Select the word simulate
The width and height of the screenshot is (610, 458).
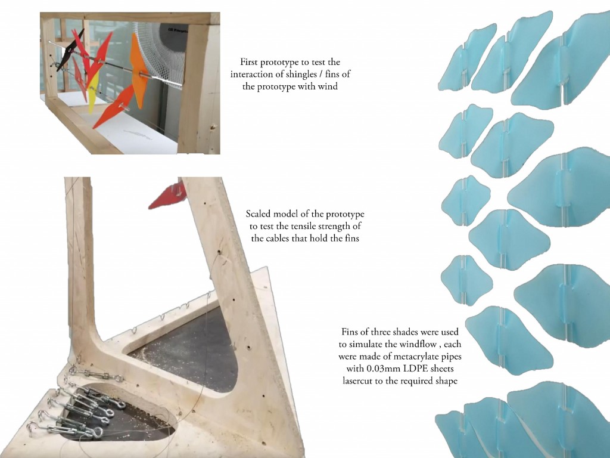point(366,344)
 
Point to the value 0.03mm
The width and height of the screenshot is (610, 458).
point(381,369)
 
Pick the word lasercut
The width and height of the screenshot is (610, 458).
point(357,381)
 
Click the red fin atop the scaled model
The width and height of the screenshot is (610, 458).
point(167,195)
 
